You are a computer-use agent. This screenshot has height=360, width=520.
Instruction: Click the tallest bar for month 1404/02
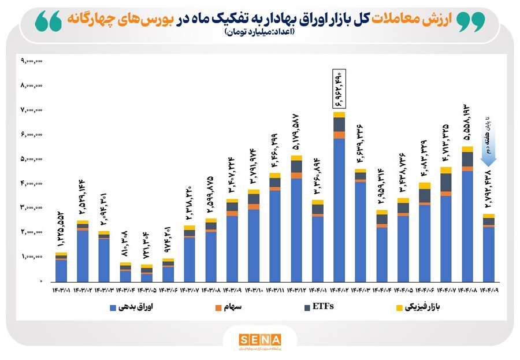tap(339, 196)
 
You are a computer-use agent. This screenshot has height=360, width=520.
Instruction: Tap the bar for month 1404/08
tap(467, 214)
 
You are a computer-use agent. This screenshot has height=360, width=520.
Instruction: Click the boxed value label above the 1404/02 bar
tap(339, 89)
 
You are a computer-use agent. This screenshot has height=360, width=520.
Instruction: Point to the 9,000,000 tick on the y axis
tap(31, 61)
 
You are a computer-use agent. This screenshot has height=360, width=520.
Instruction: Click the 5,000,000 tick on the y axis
tap(31, 159)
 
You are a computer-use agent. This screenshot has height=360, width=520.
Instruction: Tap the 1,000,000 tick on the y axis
tap(31, 257)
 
